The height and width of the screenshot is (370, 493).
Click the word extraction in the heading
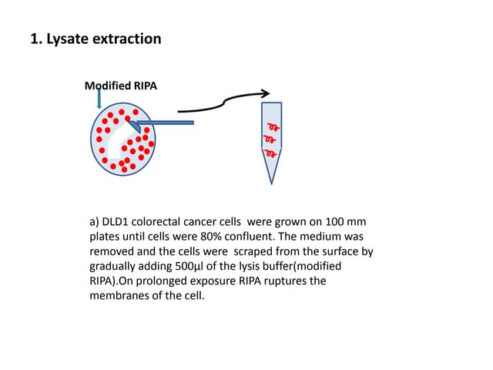pos(126,39)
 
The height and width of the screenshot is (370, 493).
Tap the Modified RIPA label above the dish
pos(120,86)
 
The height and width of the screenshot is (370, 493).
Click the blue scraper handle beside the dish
pos(169,122)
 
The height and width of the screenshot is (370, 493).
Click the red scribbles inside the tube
pos(271,138)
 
